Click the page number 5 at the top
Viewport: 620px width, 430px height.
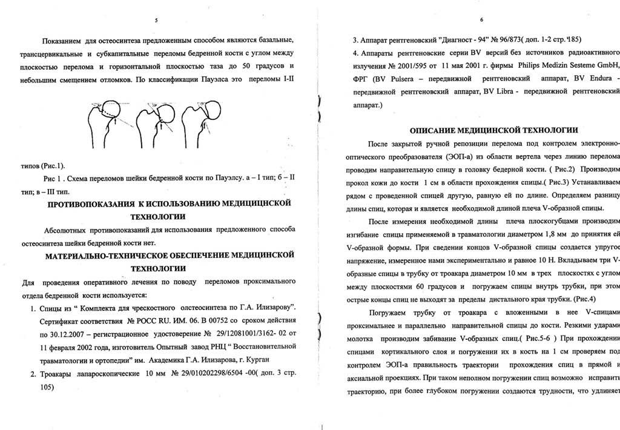click(x=157, y=21)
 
